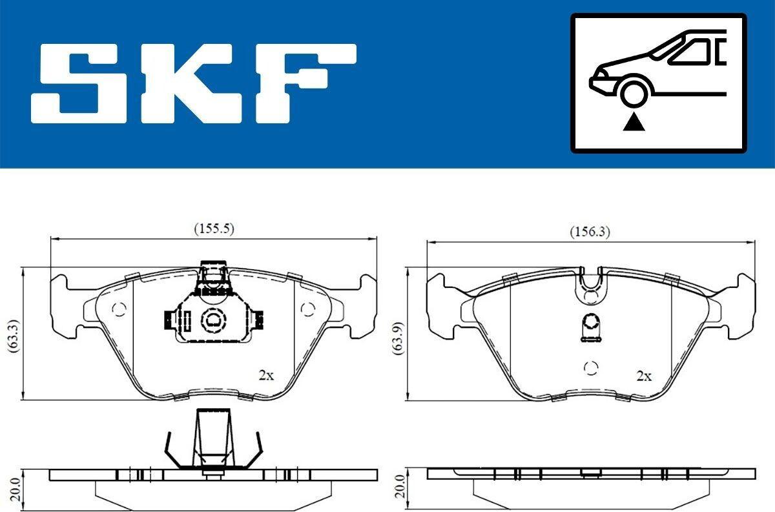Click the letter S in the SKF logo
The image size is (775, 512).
click(79, 83)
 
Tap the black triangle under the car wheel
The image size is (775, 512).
click(634, 123)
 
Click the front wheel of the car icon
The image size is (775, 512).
click(634, 93)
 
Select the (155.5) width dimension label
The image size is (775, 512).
click(214, 229)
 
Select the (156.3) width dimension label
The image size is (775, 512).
click(590, 231)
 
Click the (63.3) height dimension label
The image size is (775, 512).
click(14, 336)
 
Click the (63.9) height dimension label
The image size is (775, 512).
click(398, 338)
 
